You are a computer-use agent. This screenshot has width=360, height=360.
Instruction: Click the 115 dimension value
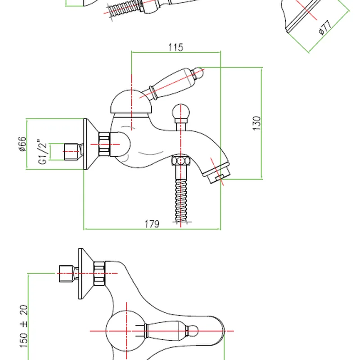coord(176,47)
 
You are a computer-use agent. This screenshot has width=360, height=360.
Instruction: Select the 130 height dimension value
coord(256,123)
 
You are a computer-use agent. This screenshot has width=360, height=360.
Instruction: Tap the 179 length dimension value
coord(152,224)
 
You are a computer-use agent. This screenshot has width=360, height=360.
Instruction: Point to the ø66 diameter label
coord(22,144)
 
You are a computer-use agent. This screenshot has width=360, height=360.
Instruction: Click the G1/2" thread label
coord(43,152)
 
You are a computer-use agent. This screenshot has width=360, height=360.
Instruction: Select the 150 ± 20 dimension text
coord(24,326)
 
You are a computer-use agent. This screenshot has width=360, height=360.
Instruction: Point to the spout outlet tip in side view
coord(218,176)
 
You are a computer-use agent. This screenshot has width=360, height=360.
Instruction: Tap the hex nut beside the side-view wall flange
coord(104,144)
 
